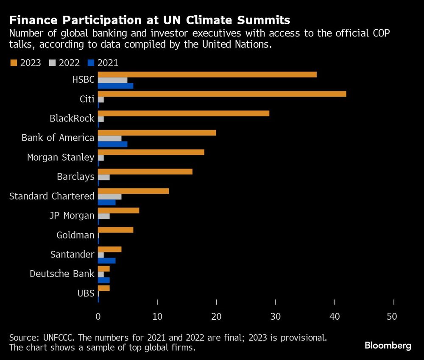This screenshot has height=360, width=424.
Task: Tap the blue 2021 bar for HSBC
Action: point(115,86)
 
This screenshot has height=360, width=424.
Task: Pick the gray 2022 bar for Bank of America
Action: point(109,138)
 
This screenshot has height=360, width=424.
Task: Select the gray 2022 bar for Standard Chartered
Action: point(109,197)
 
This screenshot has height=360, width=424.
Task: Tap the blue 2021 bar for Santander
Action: point(106,260)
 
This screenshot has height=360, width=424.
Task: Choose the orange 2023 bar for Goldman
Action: point(115,230)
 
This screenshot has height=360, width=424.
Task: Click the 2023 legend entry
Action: point(25,63)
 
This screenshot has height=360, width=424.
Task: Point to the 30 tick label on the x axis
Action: point(276,316)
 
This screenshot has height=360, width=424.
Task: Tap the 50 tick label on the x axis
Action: point(394,316)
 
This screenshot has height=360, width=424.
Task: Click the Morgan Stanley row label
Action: point(61,158)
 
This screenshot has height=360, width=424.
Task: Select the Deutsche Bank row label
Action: point(62,274)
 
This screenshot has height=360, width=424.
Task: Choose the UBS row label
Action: point(86,293)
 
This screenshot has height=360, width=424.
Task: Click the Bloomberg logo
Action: point(388,346)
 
